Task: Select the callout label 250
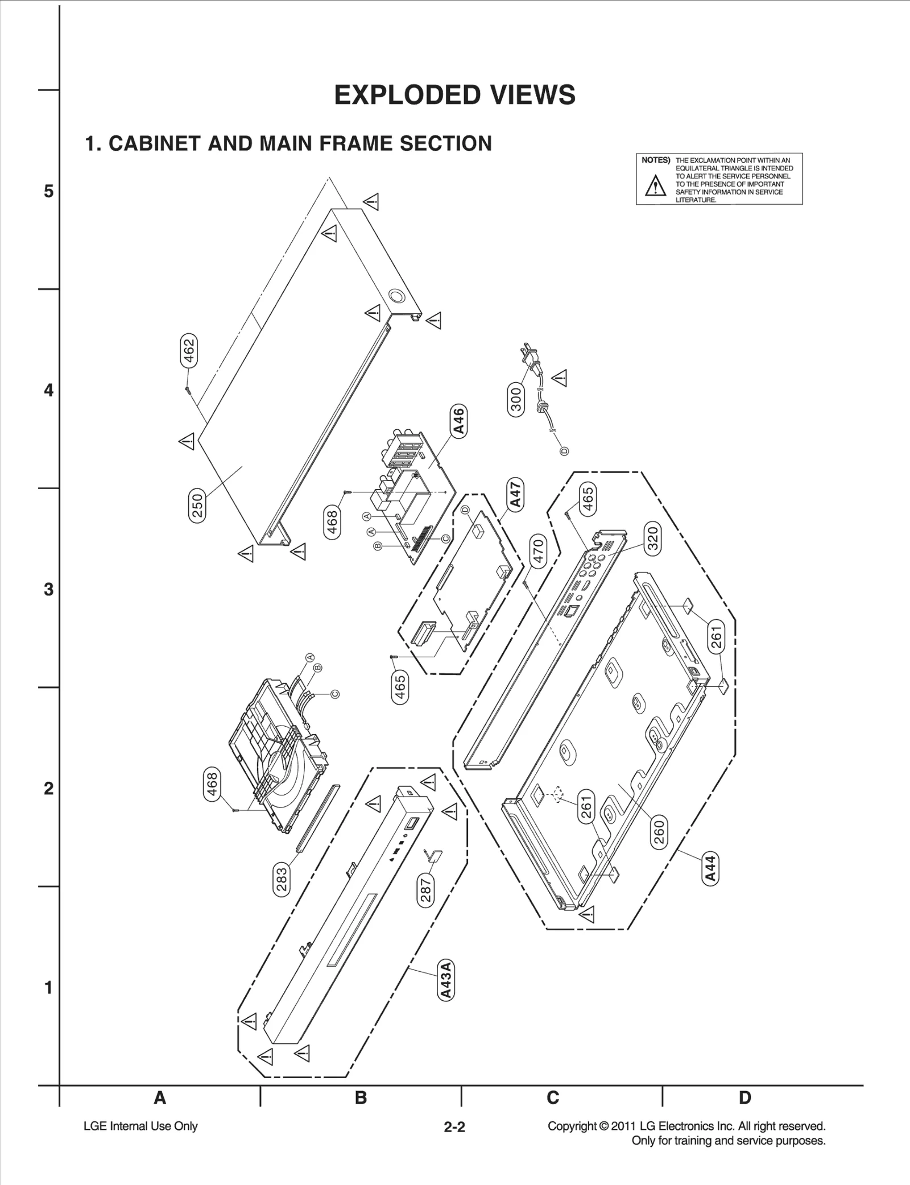click(x=197, y=506)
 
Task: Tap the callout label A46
click(x=458, y=421)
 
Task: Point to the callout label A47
click(x=515, y=495)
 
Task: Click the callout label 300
click(x=515, y=399)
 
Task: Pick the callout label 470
click(x=537, y=551)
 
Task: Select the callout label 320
click(x=652, y=538)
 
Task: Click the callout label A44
click(x=710, y=868)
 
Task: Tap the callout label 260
click(x=659, y=833)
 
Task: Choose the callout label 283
click(x=282, y=880)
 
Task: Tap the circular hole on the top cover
click(x=396, y=296)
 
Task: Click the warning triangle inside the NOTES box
click(x=655, y=186)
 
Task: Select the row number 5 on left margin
click(x=49, y=191)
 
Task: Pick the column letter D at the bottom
click(x=744, y=1097)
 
